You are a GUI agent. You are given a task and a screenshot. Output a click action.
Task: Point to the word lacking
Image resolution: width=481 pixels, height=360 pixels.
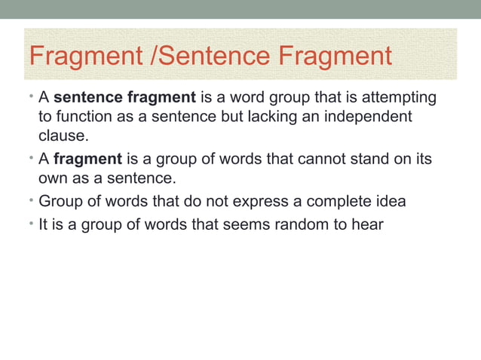pyautogui.click(x=271, y=118)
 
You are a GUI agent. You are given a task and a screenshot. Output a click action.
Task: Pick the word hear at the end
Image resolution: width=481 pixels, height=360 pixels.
pyautogui.click(x=367, y=224)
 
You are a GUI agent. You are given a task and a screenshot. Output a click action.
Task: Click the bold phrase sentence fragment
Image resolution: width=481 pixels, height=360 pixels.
pyautogui.click(x=125, y=99)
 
